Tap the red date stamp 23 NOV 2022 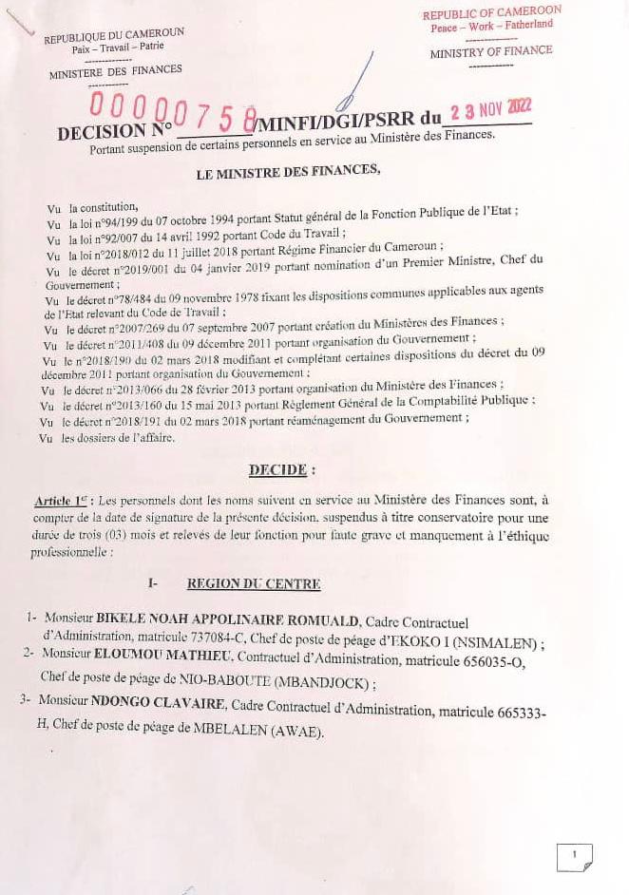pos(491,110)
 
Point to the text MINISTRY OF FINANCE pos(490,52)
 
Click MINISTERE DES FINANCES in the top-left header pos(115,71)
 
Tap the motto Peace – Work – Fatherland pos(491,27)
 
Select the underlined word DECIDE pos(276,469)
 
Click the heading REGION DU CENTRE pos(254,584)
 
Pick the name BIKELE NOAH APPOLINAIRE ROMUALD pos(228,621)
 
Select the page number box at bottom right pos(574,856)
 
